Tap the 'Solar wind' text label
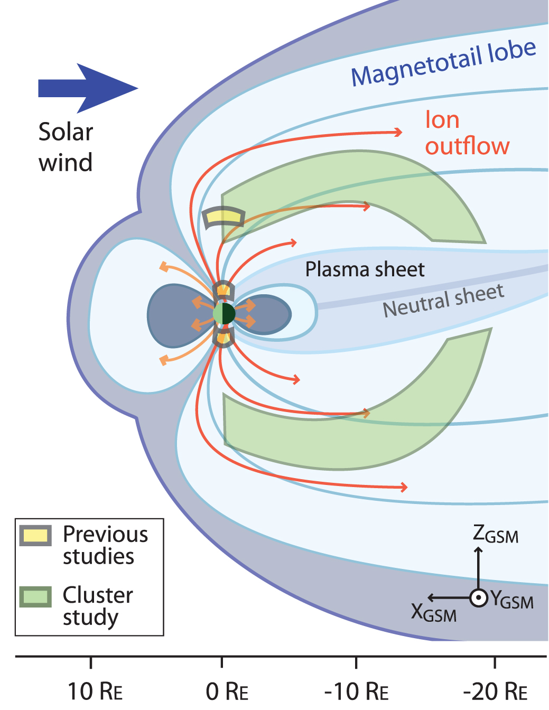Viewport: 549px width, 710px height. click(x=66, y=147)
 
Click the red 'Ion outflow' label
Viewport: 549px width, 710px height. click(x=467, y=133)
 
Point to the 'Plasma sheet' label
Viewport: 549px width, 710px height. click(x=365, y=269)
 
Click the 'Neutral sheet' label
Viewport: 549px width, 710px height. click(x=443, y=301)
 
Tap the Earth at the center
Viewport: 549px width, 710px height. click(x=224, y=313)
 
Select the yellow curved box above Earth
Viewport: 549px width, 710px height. click(x=224, y=217)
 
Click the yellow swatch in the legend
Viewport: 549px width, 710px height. click(x=35, y=536)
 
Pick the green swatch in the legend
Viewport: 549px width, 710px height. click(x=35, y=597)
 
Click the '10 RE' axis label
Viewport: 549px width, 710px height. click(x=95, y=691)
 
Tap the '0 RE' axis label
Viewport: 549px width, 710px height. click(x=227, y=691)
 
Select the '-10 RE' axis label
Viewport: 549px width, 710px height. click(x=356, y=691)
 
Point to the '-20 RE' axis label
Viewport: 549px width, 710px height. click(x=495, y=691)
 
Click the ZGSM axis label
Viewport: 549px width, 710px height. click(x=495, y=534)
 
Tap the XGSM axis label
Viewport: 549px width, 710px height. click(x=433, y=613)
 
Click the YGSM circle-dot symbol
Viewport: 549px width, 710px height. click(x=478, y=598)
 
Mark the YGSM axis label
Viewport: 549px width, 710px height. click(x=511, y=600)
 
